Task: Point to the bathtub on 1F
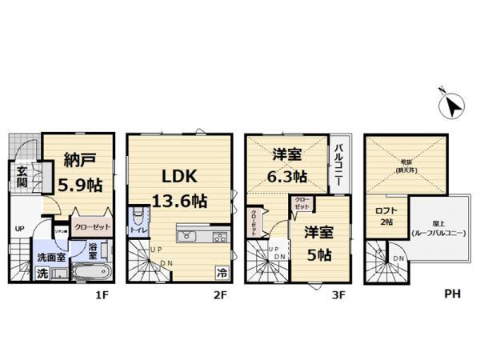[x=91, y=273]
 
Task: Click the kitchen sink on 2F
[x=186, y=236]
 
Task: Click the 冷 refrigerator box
[x=220, y=272]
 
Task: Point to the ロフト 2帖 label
[x=386, y=216]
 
